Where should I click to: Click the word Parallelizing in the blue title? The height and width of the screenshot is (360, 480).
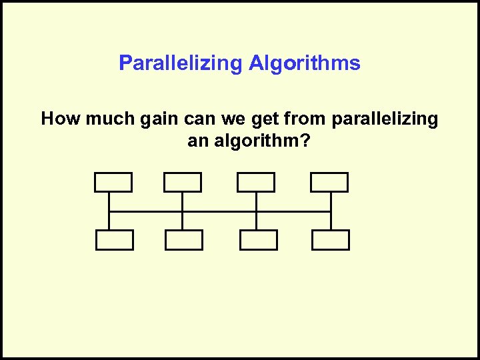[x=181, y=63]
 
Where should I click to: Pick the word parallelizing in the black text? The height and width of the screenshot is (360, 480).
[x=385, y=119]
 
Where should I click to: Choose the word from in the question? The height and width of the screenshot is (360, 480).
[x=305, y=119]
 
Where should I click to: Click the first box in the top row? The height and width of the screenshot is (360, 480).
[x=113, y=182]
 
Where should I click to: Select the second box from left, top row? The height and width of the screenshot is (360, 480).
[x=183, y=182]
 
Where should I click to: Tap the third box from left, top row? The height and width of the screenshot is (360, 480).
[x=256, y=182]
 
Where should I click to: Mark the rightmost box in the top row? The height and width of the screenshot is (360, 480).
[x=329, y=182]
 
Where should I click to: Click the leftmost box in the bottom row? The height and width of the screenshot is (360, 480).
[x=114, y=240]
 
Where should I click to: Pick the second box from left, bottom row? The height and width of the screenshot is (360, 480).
[x=184, y=240]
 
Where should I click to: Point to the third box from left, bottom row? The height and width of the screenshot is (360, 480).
[x=258, y=240]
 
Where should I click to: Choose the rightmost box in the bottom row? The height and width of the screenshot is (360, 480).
[x=331, y=240]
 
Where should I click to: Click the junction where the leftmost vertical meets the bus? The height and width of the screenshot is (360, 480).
[x=109, y=212]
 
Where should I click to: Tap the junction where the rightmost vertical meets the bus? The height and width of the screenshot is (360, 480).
[x=330, y=212]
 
